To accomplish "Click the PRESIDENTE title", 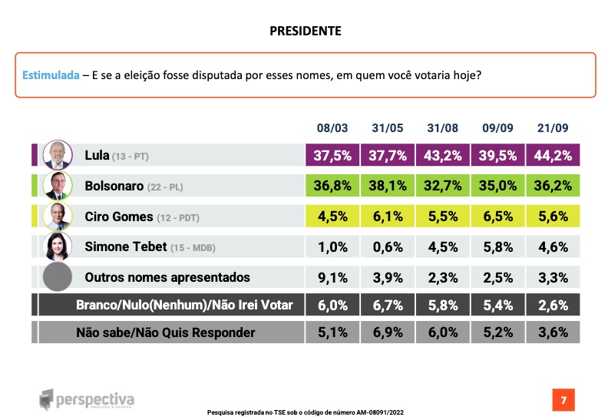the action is tap(306, 31).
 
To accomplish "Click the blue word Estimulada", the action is tap(51, 74).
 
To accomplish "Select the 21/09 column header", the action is tap(553, 128).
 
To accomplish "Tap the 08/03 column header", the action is tap(332, 128).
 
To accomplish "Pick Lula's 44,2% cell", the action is tap(553, 155).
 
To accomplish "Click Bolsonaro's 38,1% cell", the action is tap(388, 185).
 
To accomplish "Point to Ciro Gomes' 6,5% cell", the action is tap(498, 216).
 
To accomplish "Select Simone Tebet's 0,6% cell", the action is tap(388, 246).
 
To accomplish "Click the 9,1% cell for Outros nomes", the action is tap(332, 277).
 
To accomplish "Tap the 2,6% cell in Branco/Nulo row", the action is tap(553, 305).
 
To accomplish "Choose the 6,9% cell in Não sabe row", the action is tap(388, 332).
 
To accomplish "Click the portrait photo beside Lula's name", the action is tap(58, 155).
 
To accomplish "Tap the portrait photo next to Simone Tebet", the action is tap(58, 246).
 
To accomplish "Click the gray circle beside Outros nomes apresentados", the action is tap(58, 276).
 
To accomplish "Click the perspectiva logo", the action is tap(87, 399).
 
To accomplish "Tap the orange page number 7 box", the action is tap(563, 400).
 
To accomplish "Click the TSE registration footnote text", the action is tap(306, 412).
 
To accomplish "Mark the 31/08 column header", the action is tap(442, 128).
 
